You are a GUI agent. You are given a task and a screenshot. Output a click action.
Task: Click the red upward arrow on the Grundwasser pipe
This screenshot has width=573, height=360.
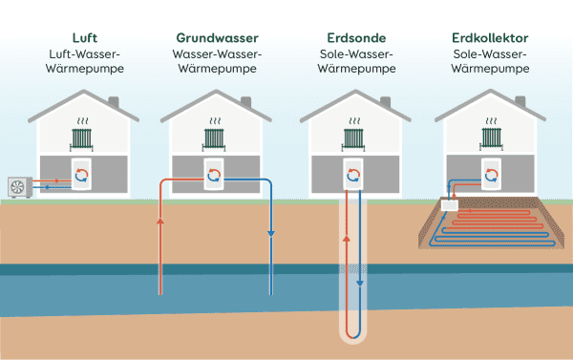(159, 223)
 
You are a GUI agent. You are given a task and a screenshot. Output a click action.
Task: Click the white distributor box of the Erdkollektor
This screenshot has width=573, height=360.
(449, 203)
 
